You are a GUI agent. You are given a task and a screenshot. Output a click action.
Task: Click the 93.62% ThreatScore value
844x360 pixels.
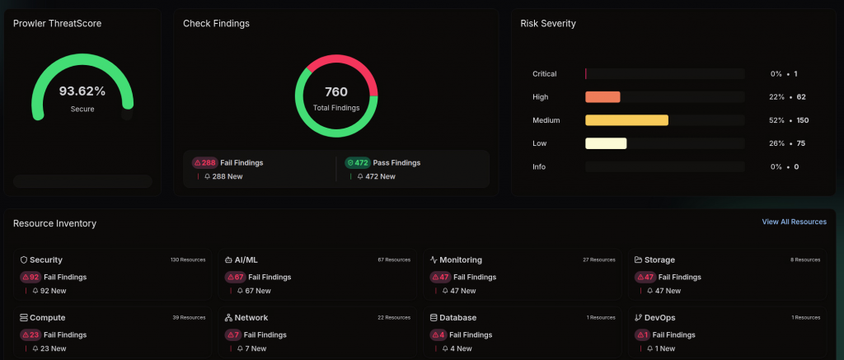tap(82, 91)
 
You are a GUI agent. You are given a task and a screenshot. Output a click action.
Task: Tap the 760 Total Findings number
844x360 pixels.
tap(336, 92)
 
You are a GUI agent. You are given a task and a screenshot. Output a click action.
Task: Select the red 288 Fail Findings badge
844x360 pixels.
tap(205, 162)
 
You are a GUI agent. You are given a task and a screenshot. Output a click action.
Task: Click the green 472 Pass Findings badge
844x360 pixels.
tap(358, 162)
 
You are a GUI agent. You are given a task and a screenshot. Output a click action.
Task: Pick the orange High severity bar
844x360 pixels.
tap(603, 97)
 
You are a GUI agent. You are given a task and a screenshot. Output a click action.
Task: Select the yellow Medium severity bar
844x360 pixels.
tap(627, 120)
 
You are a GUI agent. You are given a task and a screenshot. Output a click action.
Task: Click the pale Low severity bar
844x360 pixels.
tap(606, 143)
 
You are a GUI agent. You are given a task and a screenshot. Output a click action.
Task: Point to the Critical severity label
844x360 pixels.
tap(545, 73)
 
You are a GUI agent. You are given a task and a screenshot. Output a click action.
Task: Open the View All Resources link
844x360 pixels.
tap(794, 222)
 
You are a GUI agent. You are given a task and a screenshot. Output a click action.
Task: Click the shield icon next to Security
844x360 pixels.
tap(24, 260)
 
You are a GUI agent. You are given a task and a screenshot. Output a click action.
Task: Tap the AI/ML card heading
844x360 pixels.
tap(246, 260)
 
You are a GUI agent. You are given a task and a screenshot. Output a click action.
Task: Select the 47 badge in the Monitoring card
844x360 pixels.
tap(440, 277)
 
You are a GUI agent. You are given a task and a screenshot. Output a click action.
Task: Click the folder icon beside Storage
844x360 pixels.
tap(639, 260)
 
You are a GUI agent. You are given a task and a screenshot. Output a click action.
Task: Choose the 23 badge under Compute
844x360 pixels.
tap(30, 334)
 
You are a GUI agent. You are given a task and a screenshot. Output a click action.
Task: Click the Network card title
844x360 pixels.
tap(251, 317)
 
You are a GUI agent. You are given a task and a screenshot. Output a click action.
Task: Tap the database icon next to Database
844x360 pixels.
tap(434, 317)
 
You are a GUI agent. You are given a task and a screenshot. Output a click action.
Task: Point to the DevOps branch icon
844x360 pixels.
tap(639, 317)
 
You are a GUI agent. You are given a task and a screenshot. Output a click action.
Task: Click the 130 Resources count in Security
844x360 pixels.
tap(188, 260)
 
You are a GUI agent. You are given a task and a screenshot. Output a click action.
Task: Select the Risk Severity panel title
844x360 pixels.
tap(548, 24)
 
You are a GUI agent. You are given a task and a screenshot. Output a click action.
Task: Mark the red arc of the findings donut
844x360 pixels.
tap(347, 60)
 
